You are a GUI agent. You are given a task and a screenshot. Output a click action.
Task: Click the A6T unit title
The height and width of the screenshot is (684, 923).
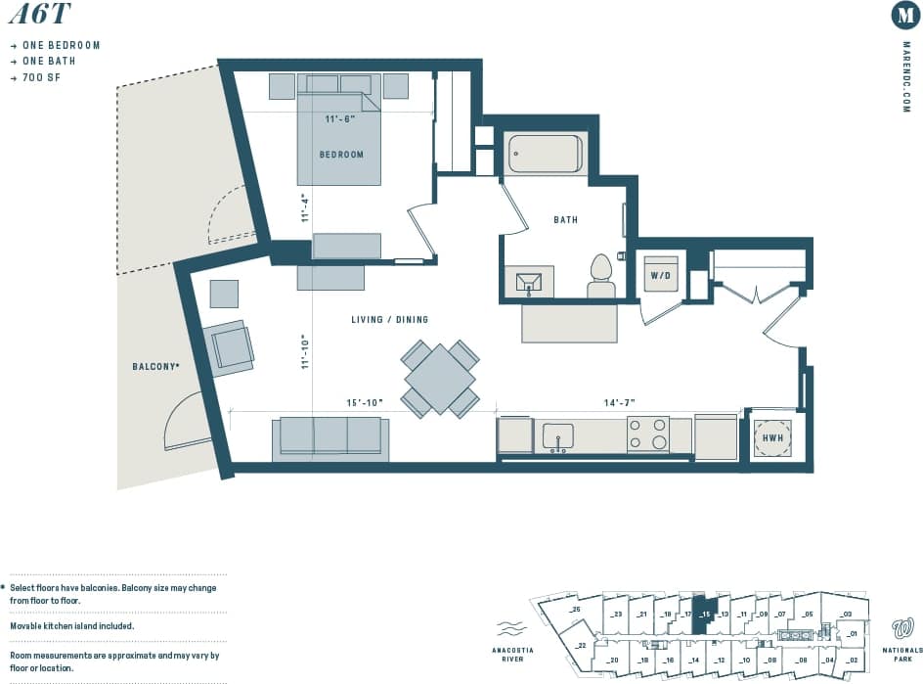(36, 16)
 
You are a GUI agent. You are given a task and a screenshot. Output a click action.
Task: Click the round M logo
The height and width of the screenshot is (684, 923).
(905, 16)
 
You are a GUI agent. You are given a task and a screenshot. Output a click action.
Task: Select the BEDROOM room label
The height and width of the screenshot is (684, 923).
(341, 155)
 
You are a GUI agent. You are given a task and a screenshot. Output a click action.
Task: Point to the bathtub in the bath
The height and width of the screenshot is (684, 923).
(545, 154)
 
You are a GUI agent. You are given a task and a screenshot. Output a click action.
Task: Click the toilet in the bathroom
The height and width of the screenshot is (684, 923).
(600, 276)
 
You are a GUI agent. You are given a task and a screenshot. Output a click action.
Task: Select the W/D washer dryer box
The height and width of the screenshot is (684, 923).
(660, 276)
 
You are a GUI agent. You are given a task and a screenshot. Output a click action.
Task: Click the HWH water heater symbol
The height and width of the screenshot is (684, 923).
(771, 438)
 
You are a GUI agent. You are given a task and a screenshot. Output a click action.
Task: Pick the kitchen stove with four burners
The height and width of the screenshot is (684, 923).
(647, 434)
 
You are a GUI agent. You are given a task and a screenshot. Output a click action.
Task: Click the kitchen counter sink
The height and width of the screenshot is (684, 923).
(558, 436)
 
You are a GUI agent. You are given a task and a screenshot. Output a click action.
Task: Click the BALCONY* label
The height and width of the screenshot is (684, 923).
(155, 367)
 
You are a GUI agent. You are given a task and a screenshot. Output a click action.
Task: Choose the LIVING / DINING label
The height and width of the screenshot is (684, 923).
(389, 320)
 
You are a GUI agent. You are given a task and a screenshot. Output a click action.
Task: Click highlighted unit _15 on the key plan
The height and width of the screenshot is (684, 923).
(704, 615)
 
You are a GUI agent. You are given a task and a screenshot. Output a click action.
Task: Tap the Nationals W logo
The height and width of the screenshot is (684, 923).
(902, 627)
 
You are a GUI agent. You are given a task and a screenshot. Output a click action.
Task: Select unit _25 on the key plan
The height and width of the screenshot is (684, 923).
(575, 611)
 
